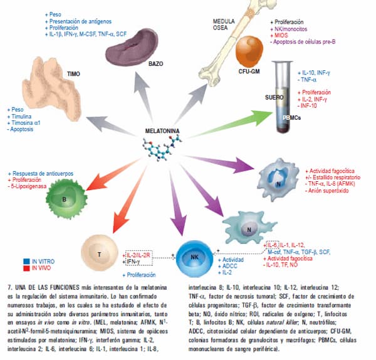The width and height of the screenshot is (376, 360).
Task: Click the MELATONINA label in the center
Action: coord(164,131)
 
